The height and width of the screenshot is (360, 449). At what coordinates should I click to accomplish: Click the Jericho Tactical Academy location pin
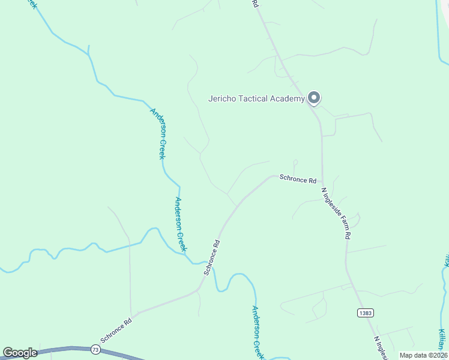[x=313, y=97]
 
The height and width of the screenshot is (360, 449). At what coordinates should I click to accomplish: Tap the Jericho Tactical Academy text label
[x=256, y=99]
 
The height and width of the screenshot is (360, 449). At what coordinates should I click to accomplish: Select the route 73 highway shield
[x=95, y=349]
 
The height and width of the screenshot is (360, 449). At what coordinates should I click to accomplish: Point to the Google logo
[x=20, y=353]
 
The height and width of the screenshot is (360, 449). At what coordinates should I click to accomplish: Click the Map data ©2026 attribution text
[x=424, y=355]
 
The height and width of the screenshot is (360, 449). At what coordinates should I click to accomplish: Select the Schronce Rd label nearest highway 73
[x=116, y=331]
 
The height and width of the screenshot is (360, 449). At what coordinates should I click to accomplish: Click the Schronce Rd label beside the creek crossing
[x=212, y=257]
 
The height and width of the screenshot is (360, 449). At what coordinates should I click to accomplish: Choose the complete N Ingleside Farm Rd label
[x=336, y=214]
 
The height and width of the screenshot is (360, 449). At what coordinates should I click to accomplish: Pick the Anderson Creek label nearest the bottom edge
[x=258, y=332]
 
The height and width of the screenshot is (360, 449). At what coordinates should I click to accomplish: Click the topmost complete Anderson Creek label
[x=157, y=133]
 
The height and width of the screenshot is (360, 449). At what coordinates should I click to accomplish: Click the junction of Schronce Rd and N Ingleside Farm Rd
[x=322, y=182]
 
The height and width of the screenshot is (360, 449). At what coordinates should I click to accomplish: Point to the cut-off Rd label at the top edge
[x=255, y=4]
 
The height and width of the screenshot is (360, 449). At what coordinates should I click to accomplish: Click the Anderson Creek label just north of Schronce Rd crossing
[x=181, y=224]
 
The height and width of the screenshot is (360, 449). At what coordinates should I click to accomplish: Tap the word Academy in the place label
[x=288, y=99]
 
